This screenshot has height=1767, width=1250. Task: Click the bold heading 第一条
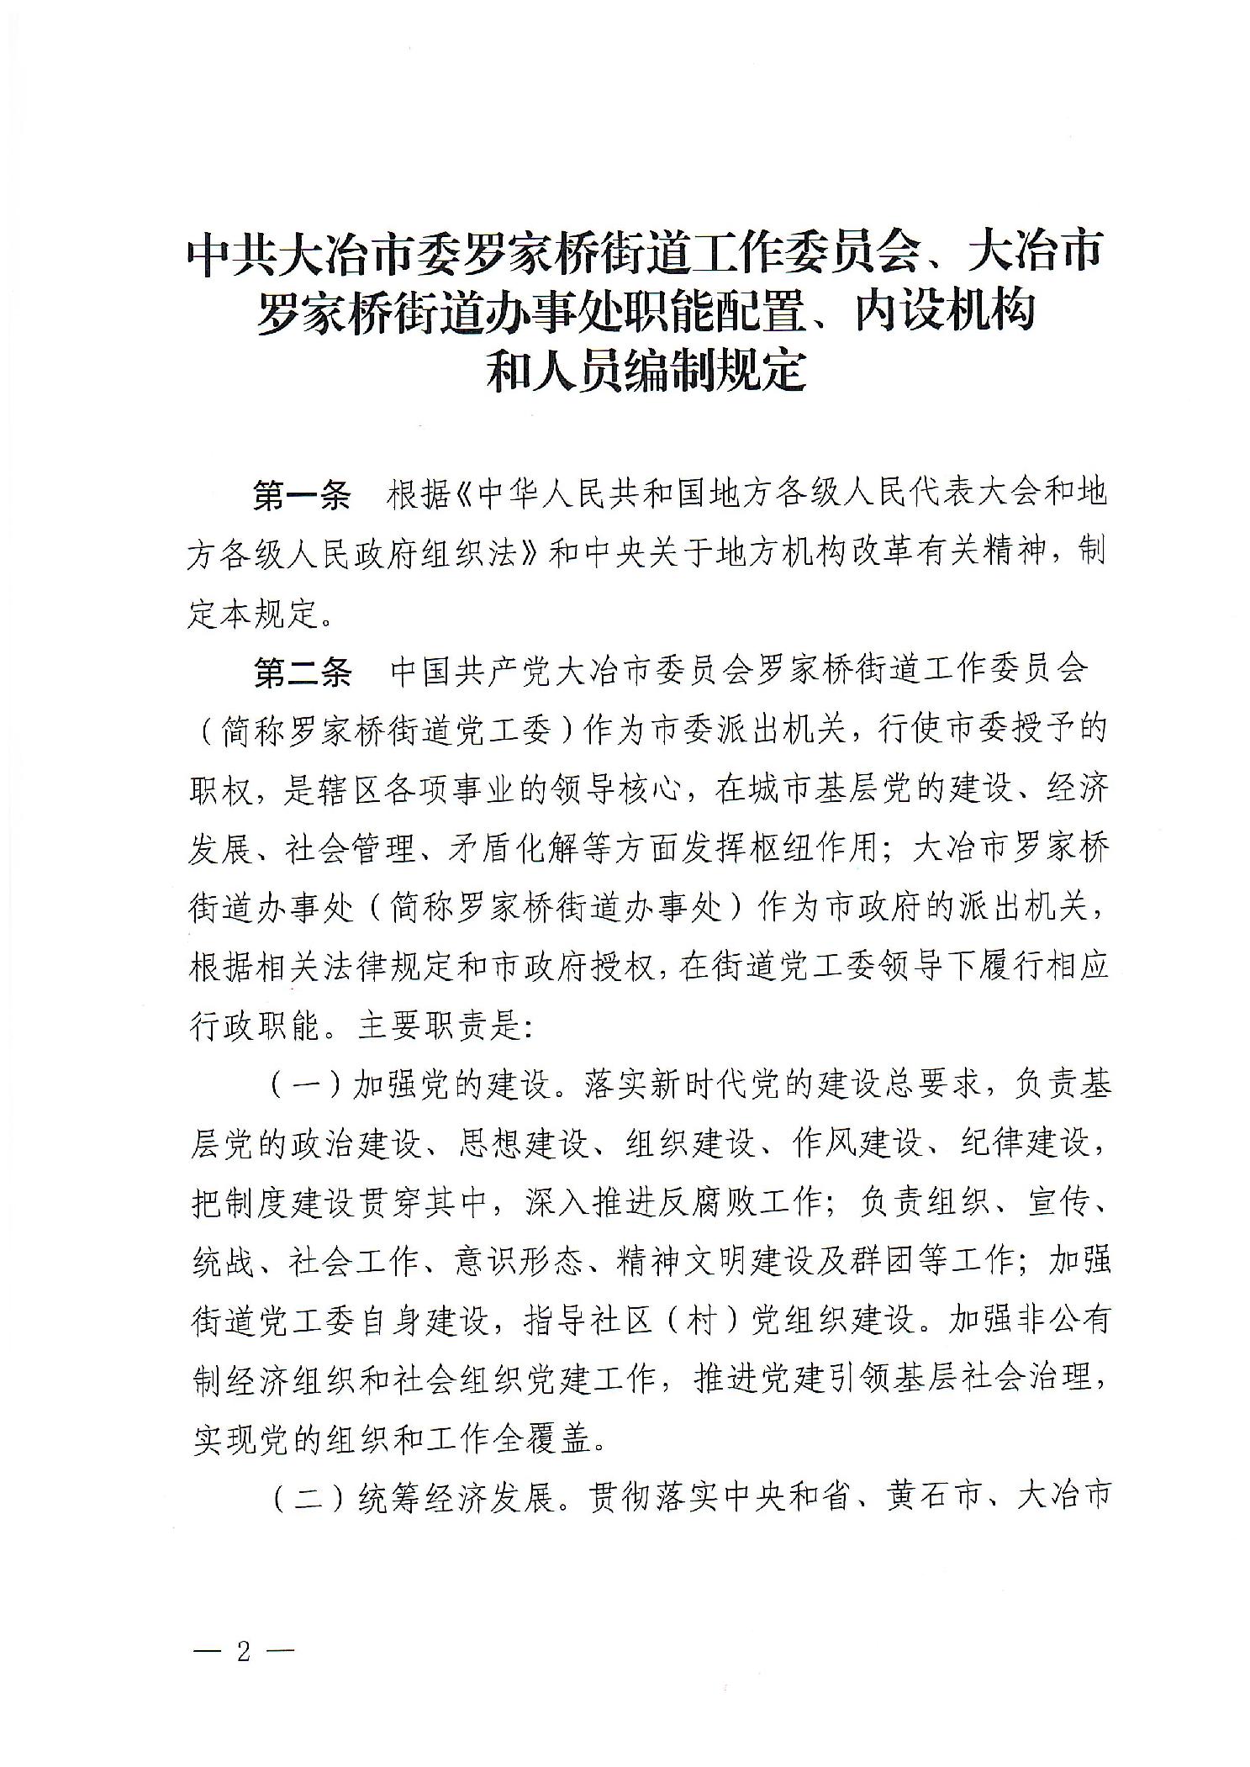(302, 496)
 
